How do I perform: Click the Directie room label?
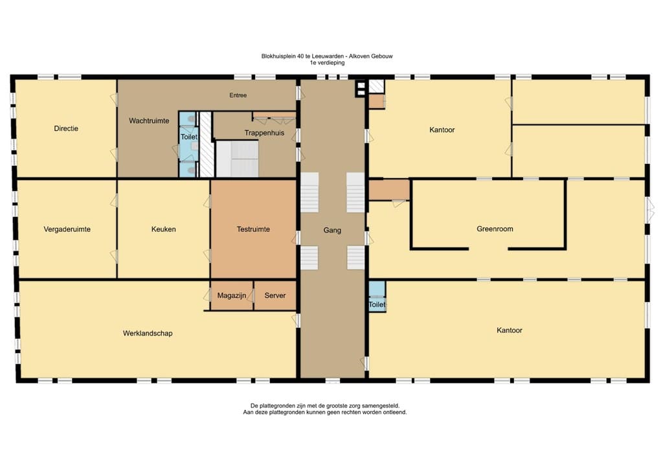click(x=66, y=128)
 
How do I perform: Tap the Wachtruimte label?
click(x=149, y=121)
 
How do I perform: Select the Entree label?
click(x=238, y=96)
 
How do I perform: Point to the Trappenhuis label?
click(x=264, y=133)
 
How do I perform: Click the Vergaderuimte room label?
click(x=67, y=229)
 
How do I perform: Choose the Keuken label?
click(x=164, y=229)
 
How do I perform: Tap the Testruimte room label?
click(x=253, y=229)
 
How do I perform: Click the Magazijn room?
click(x=232, y=295)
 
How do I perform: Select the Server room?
click(x=275, y=295)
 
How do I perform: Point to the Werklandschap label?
click(x=148, y=333)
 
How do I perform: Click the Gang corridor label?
click(x=332, y=230)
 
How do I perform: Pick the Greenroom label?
click(x=495, y=229)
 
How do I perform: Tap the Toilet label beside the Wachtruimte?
click(x=188, y=137)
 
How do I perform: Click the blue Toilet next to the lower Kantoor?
click(x=377, y=297)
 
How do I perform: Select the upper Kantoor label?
click(x=442, y=130)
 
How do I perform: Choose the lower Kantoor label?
click(x=510, y=330)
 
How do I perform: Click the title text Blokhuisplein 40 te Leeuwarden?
click(x=302, y=56)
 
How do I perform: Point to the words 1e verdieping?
click(x=327, y=63)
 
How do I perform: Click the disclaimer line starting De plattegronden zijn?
click(x=325, y=406)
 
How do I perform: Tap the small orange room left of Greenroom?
click(x=389, y=189)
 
